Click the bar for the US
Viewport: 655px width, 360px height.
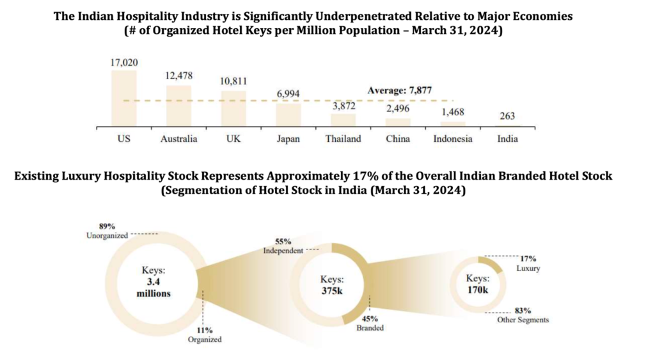(x=123, y=98)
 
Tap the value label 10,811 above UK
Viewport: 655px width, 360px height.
(x=233, y=81)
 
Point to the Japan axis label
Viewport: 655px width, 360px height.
(x=288, y=139)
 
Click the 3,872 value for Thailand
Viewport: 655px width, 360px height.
(x=343, y=106)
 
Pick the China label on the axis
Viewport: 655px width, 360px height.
(x=398, y=139)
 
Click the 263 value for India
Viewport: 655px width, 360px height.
(x=508, y=116)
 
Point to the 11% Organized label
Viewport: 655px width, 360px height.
(x=205, y=335)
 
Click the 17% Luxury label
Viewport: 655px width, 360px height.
(x=528, y=264)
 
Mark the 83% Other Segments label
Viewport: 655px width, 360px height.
(x=523, y=314)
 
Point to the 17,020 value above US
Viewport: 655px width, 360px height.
(x=123, y=62)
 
